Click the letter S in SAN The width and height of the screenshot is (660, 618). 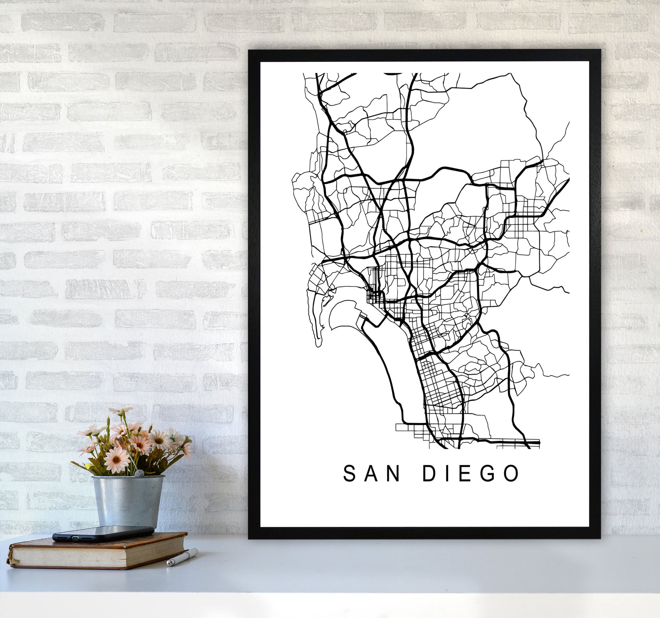350,474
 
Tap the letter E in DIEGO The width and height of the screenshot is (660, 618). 465,474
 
